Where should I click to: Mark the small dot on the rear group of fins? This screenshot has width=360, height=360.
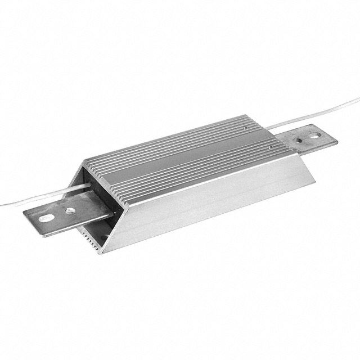246,128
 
